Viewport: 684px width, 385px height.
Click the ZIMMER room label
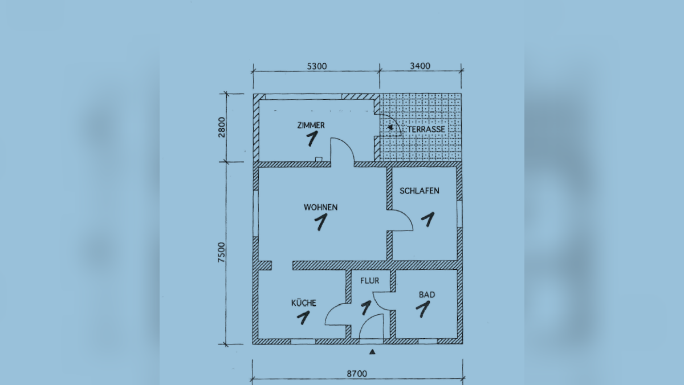pos(311,125)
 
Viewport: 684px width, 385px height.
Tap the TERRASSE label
pos(426,129)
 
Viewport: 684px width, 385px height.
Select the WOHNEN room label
pos(320,208)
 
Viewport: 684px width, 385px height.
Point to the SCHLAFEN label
pos(420,191)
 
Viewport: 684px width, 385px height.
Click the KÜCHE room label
pos(303,303)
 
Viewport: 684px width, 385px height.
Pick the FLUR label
pos(370,281)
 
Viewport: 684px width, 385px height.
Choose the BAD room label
pos(427,295)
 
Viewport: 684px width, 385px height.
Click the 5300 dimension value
pos(317,66)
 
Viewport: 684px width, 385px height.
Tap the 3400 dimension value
pos(420,66)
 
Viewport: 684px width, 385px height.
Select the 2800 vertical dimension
pos(221,127)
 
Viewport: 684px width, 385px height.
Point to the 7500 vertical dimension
pos(221,252)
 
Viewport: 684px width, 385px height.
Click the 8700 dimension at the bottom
pos(357,374)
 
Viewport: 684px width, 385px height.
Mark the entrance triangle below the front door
pos(372,352)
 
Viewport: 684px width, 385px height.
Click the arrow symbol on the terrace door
pos(390,128)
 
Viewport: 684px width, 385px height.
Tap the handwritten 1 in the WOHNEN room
pos(321,222)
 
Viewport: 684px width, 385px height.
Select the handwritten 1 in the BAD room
pos(423,309)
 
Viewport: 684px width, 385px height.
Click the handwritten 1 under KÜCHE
pos(303,318)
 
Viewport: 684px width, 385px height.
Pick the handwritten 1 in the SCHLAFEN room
pos(428,220)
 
